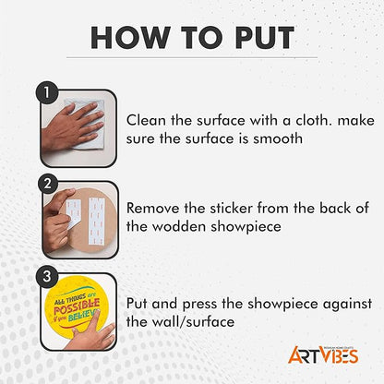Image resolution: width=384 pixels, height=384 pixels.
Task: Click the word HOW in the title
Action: pyautogui.click(x=131, y=38)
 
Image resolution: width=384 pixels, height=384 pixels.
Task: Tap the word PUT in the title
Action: pyautogui.click(x=265, y=38)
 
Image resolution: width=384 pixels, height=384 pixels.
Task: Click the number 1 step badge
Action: pyautogui.click(x=47, y=92)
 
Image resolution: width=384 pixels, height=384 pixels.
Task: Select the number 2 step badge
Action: pyautogui.click(x=48, y=184)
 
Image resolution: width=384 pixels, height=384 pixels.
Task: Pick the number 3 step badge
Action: pyautogui.click(x=47, y=276)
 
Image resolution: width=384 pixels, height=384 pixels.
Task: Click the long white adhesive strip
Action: pyautogui.click(x=97, y=221)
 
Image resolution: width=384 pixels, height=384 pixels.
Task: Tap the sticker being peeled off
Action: pyautogui.click(x=73, y=213)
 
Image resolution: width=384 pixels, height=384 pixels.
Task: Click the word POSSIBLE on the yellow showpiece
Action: pyautogui.click(x=77, y=305)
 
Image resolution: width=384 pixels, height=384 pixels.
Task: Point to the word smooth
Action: pyautogui.click(x=278, y=138)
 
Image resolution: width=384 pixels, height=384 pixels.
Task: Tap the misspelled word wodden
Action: pyautogui.click(x=179, y=227)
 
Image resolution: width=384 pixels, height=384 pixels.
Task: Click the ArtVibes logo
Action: pyautogui.click(x=323, y=354)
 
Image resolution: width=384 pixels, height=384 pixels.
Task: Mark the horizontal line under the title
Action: pyautogui.click(x=192, y=57)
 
